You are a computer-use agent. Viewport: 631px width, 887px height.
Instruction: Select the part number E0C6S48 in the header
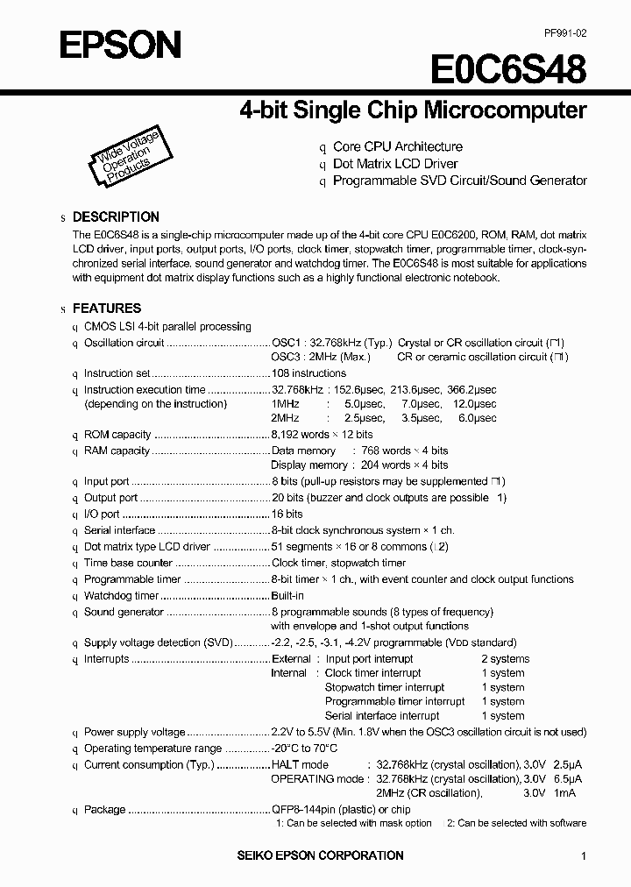click(507, 67)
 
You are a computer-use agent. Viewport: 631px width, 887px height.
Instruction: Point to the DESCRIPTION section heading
click(115, 216)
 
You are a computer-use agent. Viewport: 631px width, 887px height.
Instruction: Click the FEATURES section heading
click(106, 309)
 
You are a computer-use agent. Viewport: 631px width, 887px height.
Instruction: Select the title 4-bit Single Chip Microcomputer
click(413, 110)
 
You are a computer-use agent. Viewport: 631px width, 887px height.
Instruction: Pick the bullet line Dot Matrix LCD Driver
click(395, 164)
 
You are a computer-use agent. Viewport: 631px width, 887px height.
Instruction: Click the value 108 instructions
click(308, 373)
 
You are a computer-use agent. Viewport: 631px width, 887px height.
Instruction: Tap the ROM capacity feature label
click(117, 435)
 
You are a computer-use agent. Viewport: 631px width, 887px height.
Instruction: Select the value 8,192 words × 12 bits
click(322, 435)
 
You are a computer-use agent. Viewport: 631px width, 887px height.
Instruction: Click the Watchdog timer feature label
click(121, 596)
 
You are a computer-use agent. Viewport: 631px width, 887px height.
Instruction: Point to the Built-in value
click(287, 596)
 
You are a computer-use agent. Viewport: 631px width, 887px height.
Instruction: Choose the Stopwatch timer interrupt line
click(384, 687)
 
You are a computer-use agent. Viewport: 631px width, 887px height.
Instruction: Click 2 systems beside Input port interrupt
click(505, 659)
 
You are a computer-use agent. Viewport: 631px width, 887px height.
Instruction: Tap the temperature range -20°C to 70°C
click(304, 749)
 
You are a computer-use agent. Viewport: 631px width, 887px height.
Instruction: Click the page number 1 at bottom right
click(583, 855)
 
